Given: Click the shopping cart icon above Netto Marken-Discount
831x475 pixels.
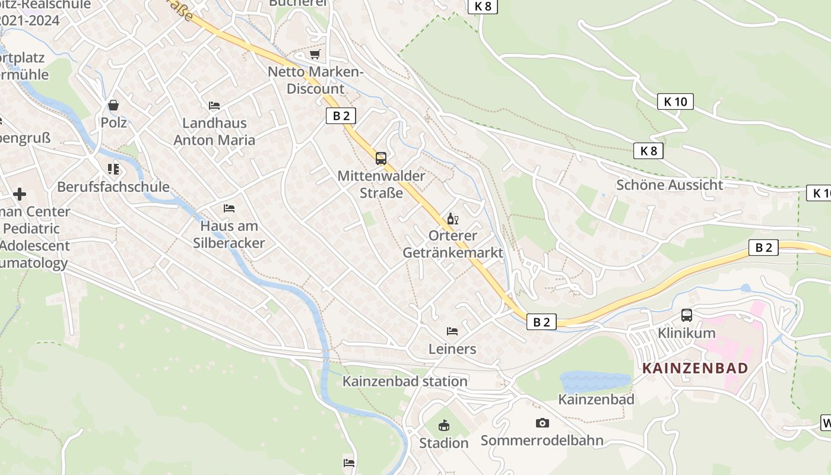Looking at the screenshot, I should point(315,55).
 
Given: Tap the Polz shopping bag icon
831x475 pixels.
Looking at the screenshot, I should point(113,105).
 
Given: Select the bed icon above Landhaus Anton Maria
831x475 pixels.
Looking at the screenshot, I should point(214,106).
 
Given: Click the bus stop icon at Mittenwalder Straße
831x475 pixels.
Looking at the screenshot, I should point(381,159).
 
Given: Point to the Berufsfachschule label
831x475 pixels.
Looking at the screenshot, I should point(113,186).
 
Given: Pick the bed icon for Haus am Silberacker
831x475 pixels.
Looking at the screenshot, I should point(229,208).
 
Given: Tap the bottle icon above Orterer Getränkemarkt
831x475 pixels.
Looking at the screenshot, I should point(452,219).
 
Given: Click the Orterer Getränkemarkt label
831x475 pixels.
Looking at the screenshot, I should point(452,244).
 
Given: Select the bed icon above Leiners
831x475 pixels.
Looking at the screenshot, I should point(452,331).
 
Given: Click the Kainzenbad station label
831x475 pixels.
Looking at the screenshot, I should point(405,381).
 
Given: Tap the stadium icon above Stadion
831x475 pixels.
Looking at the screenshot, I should point(443,425).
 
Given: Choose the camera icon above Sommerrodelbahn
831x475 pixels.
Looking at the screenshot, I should point(542,423).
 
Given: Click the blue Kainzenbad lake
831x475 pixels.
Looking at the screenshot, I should point(594,381).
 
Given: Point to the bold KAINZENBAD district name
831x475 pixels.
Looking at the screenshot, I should point(695,368).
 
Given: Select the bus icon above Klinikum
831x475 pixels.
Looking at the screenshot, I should point(687,315).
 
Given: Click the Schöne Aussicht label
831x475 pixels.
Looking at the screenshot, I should point(670,185).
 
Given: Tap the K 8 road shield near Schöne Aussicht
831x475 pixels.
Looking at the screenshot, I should point(648,151).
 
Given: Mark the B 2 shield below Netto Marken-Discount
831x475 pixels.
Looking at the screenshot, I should point(341,116).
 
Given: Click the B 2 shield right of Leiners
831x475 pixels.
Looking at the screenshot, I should point(541,322).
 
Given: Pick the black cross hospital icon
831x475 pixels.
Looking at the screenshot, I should point(20,194).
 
